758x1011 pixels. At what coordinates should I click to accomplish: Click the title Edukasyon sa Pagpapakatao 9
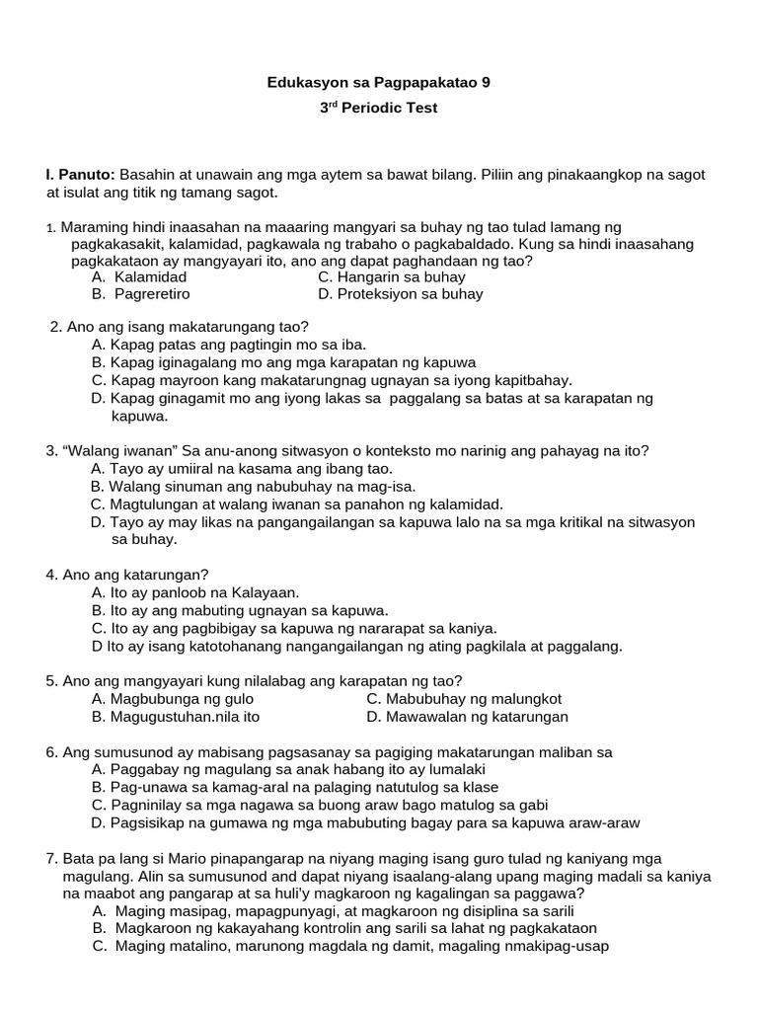click(x=378, y=84)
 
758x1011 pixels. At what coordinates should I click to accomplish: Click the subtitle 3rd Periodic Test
click(x=378, y=108)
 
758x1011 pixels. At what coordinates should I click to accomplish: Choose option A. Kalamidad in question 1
click(x=139, y=277)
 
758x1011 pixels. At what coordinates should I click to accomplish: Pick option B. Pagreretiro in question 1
click(x=140, y=294)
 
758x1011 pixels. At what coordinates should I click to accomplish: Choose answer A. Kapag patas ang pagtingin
click(x=228, y=345)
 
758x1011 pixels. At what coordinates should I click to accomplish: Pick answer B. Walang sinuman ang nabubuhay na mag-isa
click(x=253, y=486)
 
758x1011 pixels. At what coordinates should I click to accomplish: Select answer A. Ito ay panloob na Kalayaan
click(x=194, y=592)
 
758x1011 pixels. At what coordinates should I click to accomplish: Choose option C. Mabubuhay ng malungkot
click(x=464, y=699)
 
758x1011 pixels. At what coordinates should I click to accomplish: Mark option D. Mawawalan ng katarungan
click(x=467, y=717)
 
